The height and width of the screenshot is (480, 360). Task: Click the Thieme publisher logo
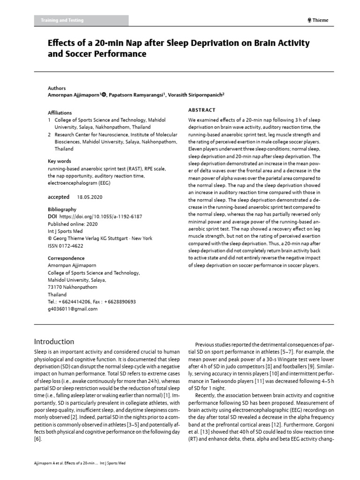pyautogui.click(x=317, y=20)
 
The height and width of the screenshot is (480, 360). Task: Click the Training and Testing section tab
pyautogui.click(x=68, y=20)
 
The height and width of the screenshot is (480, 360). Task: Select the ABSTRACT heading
pyautogui.click(x=202, y=110)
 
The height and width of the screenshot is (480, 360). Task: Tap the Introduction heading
pyautogui.click(x=54, y=341)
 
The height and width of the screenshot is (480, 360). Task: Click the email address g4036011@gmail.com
pyautogui.click(x=73, y=309)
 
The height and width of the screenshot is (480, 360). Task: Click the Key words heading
pyautogui.click(x=60, y=161)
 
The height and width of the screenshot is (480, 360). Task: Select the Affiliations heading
pyautogui.click(x=60, y=113)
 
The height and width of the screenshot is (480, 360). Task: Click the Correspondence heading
pyautogui.click(x=66, y=258)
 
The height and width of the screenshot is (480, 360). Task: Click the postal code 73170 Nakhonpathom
pyautogui.click(x=73, y=287)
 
